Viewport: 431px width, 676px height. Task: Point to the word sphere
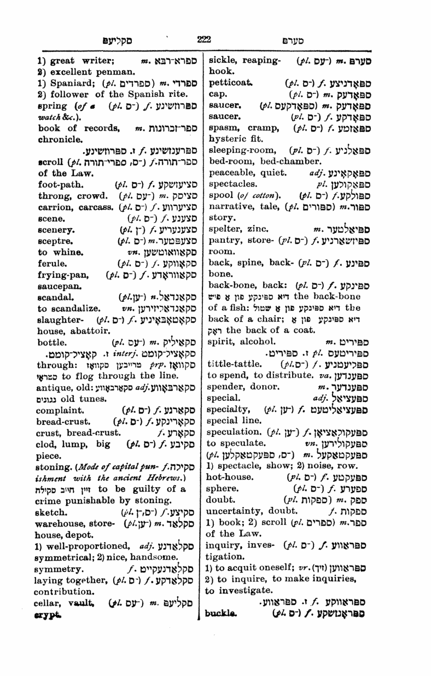[223, 475]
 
